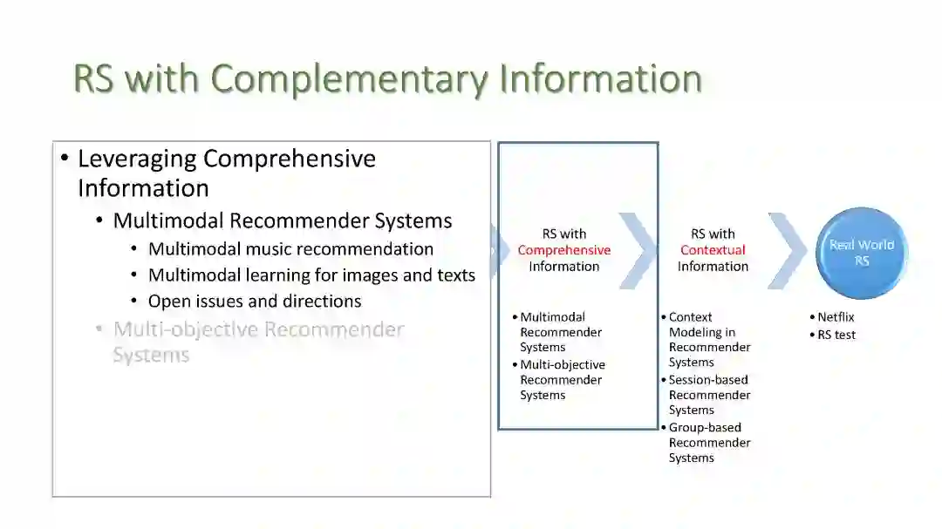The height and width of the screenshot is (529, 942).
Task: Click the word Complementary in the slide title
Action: pyautogui.click(x=349, y=78)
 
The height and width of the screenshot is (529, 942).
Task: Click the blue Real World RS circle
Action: pyautogui.click(x=862, y=253)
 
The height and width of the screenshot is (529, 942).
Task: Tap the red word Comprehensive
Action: pyautogui.click(x=563, y=250)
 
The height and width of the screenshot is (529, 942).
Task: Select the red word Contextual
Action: pyautogui.click(x=713, y=250)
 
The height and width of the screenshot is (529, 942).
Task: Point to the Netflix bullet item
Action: pyautogui.click(x=835, y=317)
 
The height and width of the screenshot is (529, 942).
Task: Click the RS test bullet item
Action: pyautogui.click(x=836, y=335)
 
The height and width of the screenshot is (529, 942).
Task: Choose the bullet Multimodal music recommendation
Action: pyautogui.click(x=290, y=249)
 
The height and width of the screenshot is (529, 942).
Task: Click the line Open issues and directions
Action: pyautogui.click(x=255, y=302)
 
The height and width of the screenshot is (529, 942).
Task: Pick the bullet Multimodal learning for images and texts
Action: pyautogui.click(x=311, y=275)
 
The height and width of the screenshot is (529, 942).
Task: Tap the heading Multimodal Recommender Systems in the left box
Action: pyautogui.click(x=283, y=221)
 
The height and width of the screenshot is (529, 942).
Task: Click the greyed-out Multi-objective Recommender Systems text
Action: pyautogui.click(x=258, y=342)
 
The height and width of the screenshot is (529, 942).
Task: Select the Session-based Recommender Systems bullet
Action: pyautogui.click(x=708, y=395)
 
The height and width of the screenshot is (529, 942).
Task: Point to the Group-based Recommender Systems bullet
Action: pyautogui.click(x=708, y=443)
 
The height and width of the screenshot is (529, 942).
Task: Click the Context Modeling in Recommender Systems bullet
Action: pyautogui.click(x=708, y=340)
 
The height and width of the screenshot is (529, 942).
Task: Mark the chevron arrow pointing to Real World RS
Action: pyautogui.click(x=788, y=251)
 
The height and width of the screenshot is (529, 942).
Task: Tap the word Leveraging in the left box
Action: pyautogui.click(x=137, y=159)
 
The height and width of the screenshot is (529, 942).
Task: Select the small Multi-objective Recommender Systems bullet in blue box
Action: pyautogui.click(x=562, y=380)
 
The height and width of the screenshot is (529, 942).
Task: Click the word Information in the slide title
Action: pyautogui.click(x=600, y=78)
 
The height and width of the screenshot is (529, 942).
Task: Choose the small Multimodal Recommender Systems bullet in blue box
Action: pyautogui.click(x=560, y=332)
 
